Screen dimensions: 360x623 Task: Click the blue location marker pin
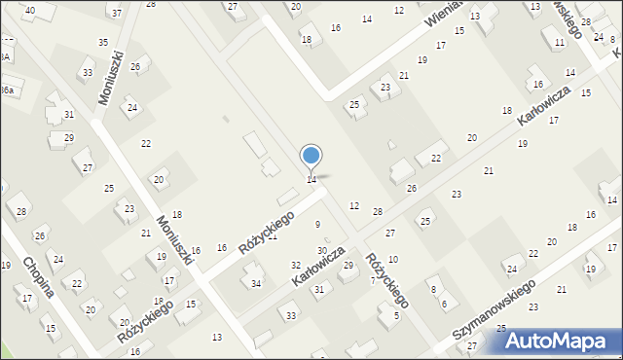pos(311,157)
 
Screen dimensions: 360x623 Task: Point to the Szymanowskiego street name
pos(495,312)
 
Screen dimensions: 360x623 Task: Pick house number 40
pos(29,10)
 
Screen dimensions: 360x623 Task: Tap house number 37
pos(117,13)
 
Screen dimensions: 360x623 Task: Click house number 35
pos(103,42)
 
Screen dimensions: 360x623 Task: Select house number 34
pos(256,284)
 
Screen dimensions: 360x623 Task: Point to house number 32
pos(296,265)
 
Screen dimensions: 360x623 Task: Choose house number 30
pos(322,251)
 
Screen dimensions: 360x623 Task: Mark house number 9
pos(317,225)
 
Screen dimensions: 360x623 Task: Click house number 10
pos(392,259)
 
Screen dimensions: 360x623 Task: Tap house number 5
pos(396,315)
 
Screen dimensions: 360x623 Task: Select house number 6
pos(444,304)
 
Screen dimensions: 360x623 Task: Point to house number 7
pos(372,280)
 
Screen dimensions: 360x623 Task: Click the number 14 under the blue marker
pos(311,180)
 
